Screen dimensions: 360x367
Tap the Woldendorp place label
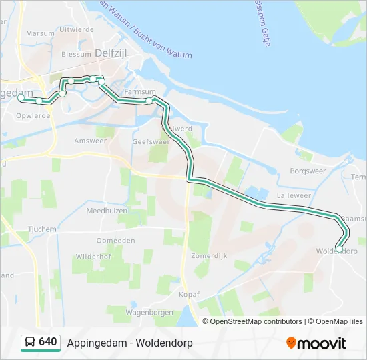pos(337,251)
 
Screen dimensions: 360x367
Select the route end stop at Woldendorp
pos(339,249)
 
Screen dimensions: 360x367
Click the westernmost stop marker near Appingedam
pos(21,97)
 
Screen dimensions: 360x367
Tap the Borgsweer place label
pos(307,171)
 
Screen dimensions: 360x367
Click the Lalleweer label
pos(294,195)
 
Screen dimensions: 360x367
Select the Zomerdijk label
pos(208,255)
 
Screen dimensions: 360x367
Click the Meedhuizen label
pos(107,210)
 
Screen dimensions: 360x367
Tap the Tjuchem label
pos(42,229)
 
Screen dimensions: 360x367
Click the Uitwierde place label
pos(76,29)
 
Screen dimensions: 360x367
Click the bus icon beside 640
pos(30,342)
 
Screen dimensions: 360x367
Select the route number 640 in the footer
pos(48,342)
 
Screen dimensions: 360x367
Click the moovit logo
pos(316,343)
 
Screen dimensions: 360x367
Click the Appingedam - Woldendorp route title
pos(129,343)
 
